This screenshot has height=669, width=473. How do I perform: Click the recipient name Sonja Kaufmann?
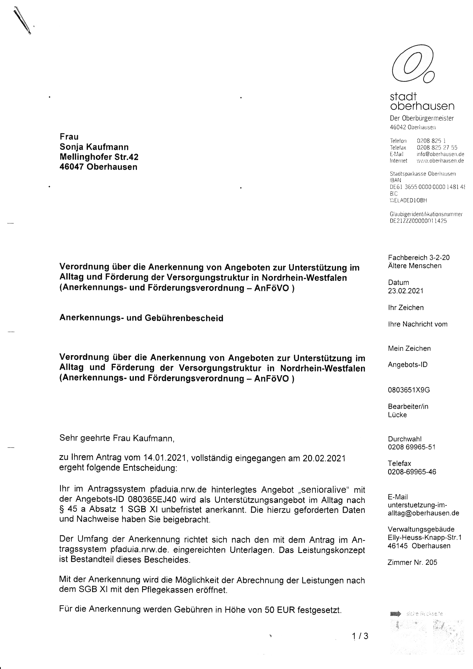tap(94, 147)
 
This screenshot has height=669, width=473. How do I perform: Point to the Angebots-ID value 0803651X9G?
tap(409, 390)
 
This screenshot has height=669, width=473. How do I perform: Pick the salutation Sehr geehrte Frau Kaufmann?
tap(117, 438)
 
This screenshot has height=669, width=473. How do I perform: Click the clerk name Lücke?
tap(397, 415)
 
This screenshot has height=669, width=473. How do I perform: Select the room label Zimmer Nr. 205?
tap(412, 562)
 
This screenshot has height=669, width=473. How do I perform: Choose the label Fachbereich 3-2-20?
tap(418, 257)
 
